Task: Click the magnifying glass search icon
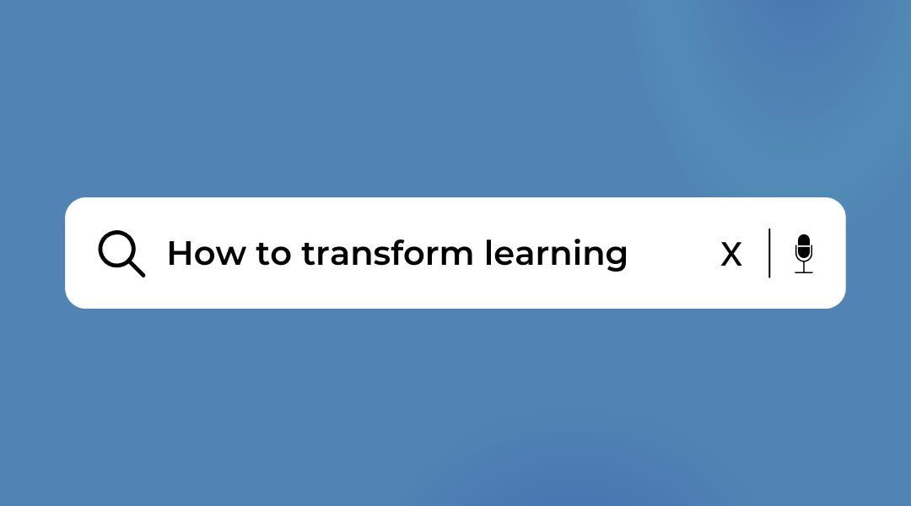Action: tap(121, 253)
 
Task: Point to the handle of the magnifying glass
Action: tap(136, 267)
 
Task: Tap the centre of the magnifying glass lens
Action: tap(116, 249)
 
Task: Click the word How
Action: tap(207, 253)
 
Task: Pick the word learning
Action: tap(556, 255)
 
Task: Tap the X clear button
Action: tap(731, 254)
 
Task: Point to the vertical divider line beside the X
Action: tap(769, 253)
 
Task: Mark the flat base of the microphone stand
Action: tap(804, 272)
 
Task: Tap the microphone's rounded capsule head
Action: tap(804, 248)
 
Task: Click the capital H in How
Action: tap(179, 253)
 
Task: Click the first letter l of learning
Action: tap(488, 252)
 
